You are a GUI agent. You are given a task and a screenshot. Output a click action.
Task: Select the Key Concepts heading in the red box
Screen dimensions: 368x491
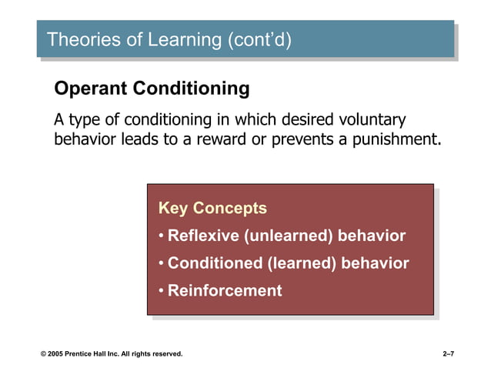[212, 208]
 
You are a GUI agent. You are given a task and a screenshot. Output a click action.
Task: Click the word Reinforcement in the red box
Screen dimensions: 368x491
[225, 291]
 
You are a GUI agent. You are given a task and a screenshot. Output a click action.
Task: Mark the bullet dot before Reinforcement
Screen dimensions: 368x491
[161, 291]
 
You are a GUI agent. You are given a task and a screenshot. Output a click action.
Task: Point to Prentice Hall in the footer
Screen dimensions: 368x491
[93, 353]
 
